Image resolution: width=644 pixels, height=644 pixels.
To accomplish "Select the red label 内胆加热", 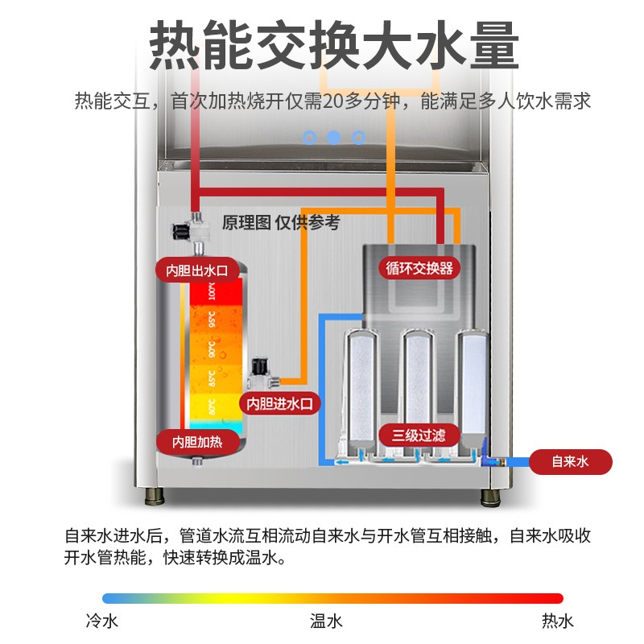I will pyautogui.click(x=197, y=441).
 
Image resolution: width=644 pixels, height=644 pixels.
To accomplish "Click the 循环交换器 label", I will pyautogui.click(x=419, y=267).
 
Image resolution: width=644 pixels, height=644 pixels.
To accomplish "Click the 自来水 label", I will pyautogui.click(x=571, y=462).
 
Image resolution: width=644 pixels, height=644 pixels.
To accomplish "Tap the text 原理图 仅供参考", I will pyautogui.click(x=281, y=223).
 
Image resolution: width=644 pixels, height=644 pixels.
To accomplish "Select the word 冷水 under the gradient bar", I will pyautogui.click(x=102, y=621).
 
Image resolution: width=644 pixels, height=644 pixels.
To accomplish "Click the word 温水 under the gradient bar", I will pyautogui.click(x=327, y=621).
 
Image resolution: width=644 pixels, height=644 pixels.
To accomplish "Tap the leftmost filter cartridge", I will pyautogui.click(x=360, y=386).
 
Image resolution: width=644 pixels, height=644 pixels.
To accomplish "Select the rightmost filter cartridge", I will pyautogui.click(x=473, y=382).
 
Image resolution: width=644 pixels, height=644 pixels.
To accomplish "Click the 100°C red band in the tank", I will pyautogui.click(x=215, y=291).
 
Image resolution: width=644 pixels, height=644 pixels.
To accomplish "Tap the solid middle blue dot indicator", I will pyautogui.click(x=333, y=138).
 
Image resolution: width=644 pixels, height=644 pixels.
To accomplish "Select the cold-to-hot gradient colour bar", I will pyautogui.click(x=332, y=598).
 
